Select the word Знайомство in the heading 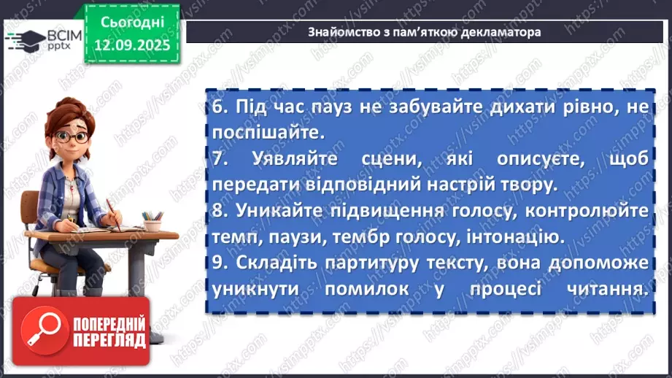(339, 33)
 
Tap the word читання (604, 288)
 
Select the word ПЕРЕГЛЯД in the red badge (109, 341)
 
